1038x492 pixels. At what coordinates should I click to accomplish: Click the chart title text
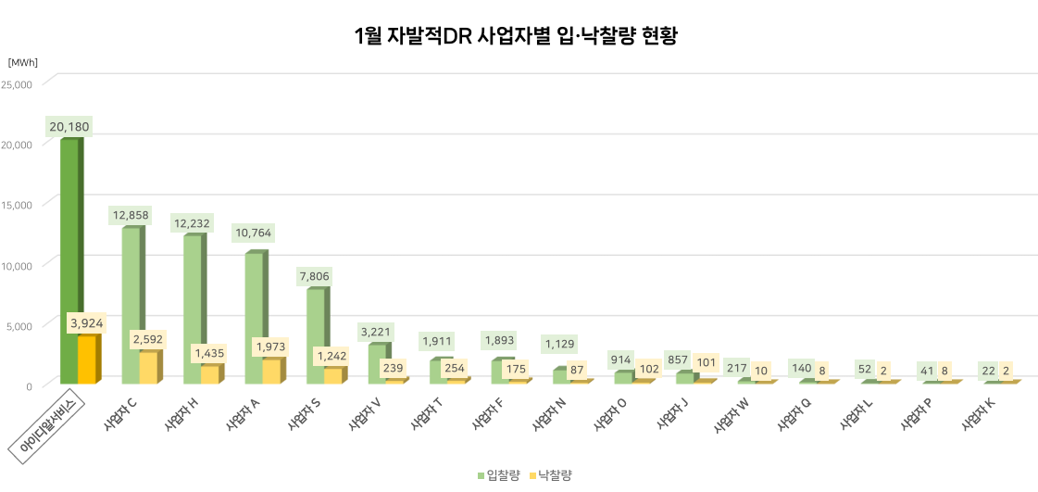(518, 37)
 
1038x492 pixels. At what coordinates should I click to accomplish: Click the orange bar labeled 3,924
(86, 360)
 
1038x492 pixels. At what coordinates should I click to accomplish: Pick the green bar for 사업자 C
(131, 305)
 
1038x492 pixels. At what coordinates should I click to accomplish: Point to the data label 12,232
(192, 223)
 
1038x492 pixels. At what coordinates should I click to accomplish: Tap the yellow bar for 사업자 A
(270, 372)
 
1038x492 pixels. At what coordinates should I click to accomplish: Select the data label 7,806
(314, 276)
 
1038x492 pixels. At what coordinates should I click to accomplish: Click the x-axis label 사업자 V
(364, 411)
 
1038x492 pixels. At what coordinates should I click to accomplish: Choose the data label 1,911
(438, 342)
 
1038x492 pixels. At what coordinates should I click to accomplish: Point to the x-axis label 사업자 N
(549, 411)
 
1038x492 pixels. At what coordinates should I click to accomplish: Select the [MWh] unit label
(22, 62)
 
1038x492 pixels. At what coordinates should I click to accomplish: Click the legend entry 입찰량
(498, 475)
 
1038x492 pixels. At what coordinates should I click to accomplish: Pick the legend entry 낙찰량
(550, 475)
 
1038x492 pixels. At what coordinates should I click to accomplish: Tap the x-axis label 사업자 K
(980, 411)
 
